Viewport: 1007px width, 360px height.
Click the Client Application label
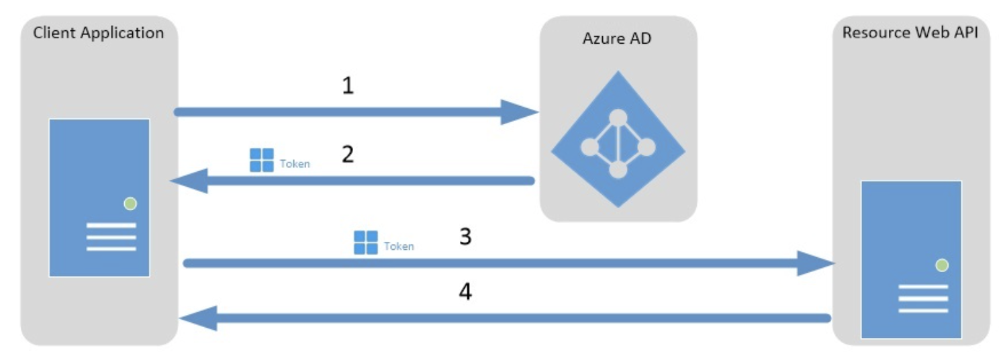(x=99, y=33)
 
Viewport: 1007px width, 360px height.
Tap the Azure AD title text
(x=617, y=38)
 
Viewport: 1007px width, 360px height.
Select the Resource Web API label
(x=914, y=33)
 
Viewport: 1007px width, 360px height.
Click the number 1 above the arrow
(x=347, y=87)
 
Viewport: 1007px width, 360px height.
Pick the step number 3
(x=465, y=237)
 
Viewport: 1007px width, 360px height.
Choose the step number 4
(x=465, y=292)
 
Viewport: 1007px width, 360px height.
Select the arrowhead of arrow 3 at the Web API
(x=816, y=263)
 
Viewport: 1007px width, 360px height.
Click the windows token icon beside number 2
(x=261, y=160)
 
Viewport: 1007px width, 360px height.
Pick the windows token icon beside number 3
(x=366, y=242)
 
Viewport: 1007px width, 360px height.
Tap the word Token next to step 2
(x=295, y=163)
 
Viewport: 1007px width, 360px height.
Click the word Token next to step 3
(x=399, y=246)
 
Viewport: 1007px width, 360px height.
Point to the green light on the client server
(x=130, y=204)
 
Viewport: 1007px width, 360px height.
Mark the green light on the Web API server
(x=942, y=265)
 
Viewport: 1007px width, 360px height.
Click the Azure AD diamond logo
(x=618, y=139)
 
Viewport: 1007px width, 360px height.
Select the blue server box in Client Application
(x=99, y=197)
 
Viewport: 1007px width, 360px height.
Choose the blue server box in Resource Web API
(x=911, y=259)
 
